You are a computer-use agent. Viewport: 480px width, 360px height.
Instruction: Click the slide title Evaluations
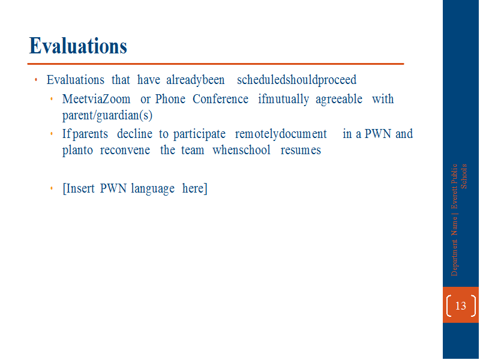tap(78, 46)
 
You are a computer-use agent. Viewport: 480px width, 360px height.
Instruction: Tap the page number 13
tap(460, 305)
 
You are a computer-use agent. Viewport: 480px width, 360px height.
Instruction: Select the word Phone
tap(170, 99)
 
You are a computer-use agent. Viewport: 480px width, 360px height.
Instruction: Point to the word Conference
tap(220, 99)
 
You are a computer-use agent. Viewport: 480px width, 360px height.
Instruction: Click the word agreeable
tap(339, 100)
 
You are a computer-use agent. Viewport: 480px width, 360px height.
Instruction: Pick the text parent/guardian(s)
tap(107, 115)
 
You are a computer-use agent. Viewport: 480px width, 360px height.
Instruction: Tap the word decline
tap(134, 134)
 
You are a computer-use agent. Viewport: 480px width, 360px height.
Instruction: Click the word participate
tap(199, 134)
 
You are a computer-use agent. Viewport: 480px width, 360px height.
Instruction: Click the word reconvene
tap(125, 151)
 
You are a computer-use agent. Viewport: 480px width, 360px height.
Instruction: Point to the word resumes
tap(301, 151)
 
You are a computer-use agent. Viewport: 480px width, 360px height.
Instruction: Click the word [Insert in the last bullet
tap(79, 188)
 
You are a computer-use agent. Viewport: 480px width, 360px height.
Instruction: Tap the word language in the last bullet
tap(153, 189)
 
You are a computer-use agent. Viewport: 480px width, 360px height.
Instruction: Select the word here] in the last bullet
tap(194, 188)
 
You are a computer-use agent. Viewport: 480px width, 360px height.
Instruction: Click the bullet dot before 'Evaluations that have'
tap(36, 80)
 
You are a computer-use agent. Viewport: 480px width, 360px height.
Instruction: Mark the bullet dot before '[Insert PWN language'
tap(52, 188)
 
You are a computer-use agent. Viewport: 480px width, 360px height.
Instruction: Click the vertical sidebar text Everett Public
tap(454, 186)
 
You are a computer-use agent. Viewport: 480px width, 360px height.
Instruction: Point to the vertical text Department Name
tap(454, 247)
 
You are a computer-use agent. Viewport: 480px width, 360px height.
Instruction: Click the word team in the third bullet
tap(193, 151)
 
